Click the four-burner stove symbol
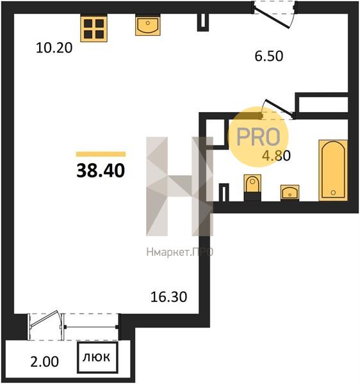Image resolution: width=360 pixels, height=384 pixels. pos(94,29)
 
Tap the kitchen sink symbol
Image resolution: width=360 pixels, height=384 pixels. pos(148,25)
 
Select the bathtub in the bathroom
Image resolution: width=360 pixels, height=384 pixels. pos(333,170)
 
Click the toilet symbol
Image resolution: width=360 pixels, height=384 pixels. pos(252,188)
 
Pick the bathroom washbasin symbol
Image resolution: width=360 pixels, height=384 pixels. pos(290,193)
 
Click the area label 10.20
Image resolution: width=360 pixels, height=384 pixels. pos(54,48)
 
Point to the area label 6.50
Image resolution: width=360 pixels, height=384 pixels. pos(269,56)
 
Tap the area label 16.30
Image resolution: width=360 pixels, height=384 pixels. pos(168,297)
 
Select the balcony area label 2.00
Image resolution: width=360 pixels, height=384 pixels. pos(45,362)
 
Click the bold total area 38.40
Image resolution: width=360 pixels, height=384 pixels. pos(101,171)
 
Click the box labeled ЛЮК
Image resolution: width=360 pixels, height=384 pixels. pos(97,358)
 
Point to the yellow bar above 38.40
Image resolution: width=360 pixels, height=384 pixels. pos(101,154)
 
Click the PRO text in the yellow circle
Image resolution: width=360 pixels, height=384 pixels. pos(258,137)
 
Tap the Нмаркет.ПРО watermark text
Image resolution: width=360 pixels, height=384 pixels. pos(179,252)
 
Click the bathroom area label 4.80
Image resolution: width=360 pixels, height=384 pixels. pos(276,156)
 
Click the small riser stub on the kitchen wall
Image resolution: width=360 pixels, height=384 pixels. pos(203,22)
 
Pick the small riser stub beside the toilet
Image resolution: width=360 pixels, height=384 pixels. pos(224,192)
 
